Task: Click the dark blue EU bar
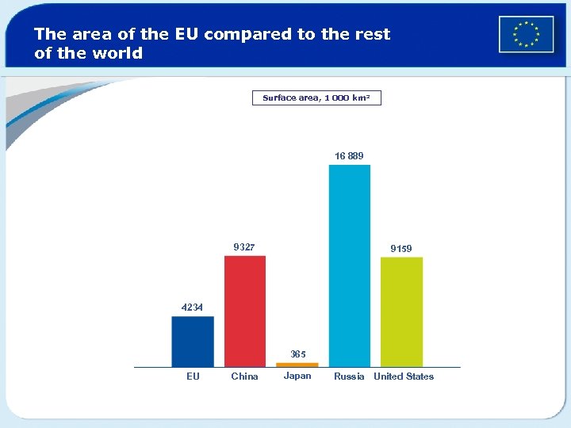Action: click(x=193, y=342)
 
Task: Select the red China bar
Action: click(x=245, y=311)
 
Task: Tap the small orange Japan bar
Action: click(x=297, y=365)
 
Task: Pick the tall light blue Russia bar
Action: click(x=350, y=266)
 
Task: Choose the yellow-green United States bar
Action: click(x=401, y=311)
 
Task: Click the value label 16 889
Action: click(x=349, y=156)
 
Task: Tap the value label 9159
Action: click(x=400, y=249)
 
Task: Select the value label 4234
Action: click(x=192, y=308)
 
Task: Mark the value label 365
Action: click(x=298, y=354)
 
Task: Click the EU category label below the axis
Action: click(x=193, y=376)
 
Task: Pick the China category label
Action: click(x=244, y=376)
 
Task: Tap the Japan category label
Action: click(x=297, y=376)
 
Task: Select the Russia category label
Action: click(x=349, y=376)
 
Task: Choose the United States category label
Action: click(x=404, y=376)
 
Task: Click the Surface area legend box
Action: click(x=322, y=98)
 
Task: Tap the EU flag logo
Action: click(x=526, y=35)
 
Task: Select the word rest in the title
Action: click(x=373, y=35)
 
